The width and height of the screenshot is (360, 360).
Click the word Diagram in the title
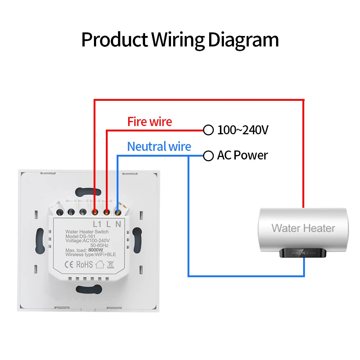(x=243, y=40)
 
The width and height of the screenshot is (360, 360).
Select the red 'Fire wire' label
(x=149, y=122)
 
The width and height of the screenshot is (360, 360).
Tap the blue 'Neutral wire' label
(x=159, y=147)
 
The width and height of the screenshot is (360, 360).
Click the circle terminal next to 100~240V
(x=208, y=130)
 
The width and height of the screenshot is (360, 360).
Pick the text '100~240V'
(x=243, y=130)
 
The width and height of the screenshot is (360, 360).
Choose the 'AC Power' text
(x=242, y=156)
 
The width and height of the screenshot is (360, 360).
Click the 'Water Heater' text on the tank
(x=303, y=228)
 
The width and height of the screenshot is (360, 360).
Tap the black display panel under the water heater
(x=303, y=253)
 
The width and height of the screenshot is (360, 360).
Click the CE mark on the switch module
(x=69, y=265)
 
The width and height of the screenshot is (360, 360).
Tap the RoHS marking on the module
(x=84, y=265)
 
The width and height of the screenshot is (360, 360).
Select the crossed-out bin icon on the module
(x=111, y=265)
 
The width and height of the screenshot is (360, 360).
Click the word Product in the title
(x=114, y=40)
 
